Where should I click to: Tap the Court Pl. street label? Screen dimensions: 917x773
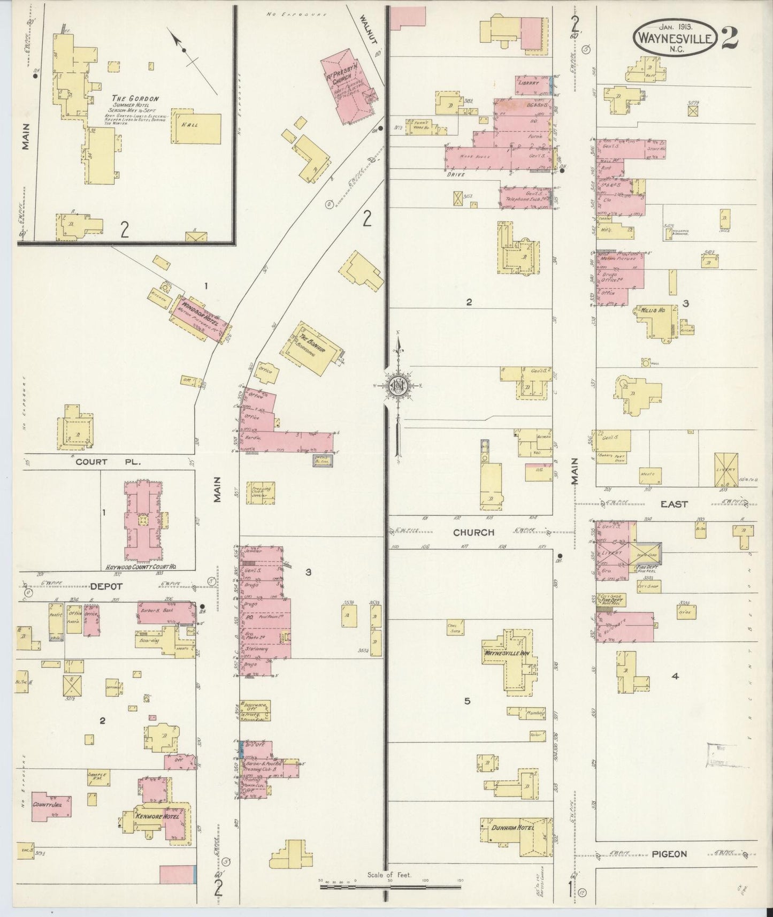(107, 462)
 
